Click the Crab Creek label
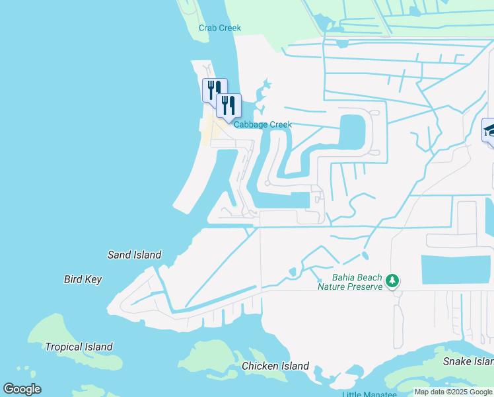pos(220,28)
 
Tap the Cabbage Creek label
pos(262,124)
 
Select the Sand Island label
pos(134,255)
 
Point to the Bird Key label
pos(83,279)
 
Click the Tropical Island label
pos(79,347)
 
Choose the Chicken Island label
pos(275,366)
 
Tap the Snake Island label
pos(468,361)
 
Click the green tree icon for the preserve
pos(393,281)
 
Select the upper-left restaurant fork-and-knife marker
pos(214,89)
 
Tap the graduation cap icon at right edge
pos(490,130)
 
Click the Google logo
pos(22,389)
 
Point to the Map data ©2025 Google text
pos(453,392)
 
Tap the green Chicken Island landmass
pos(218,357)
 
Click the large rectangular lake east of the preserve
pos(456,269)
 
